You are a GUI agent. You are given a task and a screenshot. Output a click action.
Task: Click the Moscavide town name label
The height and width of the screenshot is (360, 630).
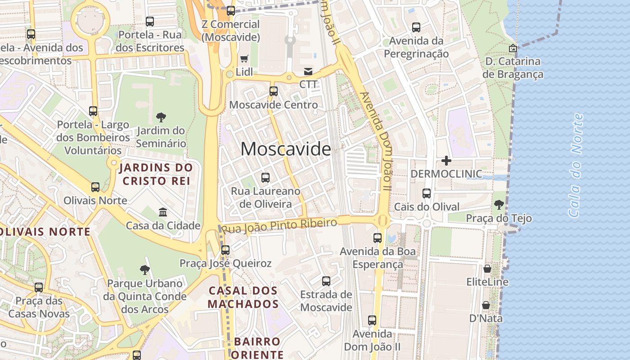[x=286, y=149]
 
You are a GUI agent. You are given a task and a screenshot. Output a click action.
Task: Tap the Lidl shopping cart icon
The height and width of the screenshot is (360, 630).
[x=244, y=58]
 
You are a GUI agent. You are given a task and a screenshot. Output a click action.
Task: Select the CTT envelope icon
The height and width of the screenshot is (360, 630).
[x=308, y=71]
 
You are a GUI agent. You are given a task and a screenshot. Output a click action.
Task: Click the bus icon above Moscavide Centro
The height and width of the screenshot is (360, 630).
[x=273, y=91]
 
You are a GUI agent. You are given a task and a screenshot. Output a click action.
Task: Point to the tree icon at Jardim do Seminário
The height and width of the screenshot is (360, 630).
[x=161, y=117]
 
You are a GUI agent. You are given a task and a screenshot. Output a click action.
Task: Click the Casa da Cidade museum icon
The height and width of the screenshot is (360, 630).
[x=163, y=212]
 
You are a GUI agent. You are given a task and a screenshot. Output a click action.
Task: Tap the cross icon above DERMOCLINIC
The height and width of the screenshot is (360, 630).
[x=446, y=160]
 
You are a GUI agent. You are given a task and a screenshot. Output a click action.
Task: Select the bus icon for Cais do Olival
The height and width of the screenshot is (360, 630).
[x=426, y=193]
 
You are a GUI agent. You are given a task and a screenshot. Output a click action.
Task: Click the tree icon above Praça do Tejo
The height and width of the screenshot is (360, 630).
[x=499, y=205]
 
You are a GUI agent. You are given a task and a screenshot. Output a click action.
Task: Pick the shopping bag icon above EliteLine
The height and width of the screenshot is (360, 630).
[x=487, y=269]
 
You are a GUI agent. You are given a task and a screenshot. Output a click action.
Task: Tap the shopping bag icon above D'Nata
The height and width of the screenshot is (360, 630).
[x=486, y=305]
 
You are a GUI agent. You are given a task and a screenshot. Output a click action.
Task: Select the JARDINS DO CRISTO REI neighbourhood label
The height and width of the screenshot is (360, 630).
[x=156, y=174]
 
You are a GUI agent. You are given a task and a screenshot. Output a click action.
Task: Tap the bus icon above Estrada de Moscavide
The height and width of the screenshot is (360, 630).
[x=326, y=281]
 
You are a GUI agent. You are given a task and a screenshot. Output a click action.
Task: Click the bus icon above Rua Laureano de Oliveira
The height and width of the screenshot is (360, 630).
[x=265, y=178]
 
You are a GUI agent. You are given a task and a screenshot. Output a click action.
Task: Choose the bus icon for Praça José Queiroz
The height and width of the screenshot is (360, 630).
[x=225, y=250]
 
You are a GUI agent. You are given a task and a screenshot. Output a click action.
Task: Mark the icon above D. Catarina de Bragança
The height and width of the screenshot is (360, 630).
[x=513, y=48]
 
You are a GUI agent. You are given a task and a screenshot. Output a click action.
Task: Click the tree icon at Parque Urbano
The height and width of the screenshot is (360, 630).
[x=144, y=270]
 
